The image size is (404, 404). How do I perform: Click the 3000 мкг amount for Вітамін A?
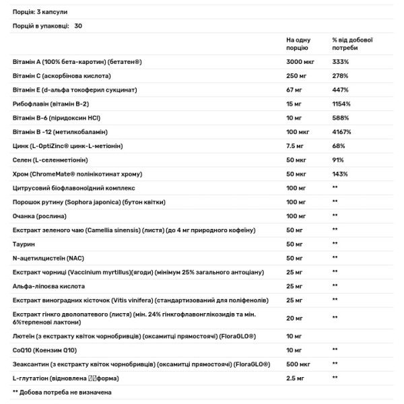click(x=301, y=61)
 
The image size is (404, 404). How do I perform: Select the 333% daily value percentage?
click(x=340, y=61)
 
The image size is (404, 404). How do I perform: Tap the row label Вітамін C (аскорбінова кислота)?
click(x=61, y=75)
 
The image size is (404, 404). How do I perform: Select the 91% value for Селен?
click(x=338, y=160)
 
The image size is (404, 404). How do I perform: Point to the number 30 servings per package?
click(x=78, y=25)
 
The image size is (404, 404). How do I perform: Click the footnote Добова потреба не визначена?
click(x=61, y=392)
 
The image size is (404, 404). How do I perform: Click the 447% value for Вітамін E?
click(x=340, y=90)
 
